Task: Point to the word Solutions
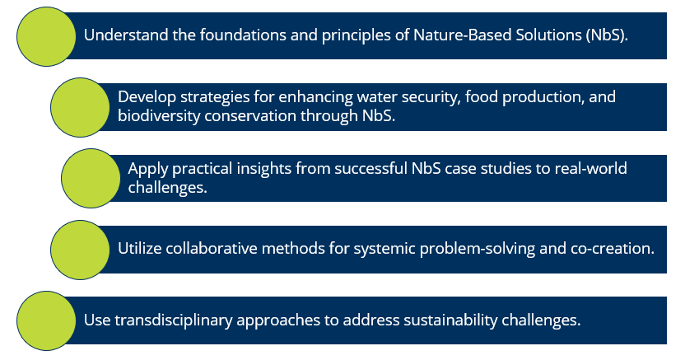tap(548, 35)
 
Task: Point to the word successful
tap(370, 169)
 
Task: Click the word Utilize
tap(139, 249)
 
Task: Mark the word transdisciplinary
tap(174, 320)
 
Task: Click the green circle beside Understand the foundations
tap(46, 37)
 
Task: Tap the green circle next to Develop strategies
tap(80, 107)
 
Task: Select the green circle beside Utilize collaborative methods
tap(80, 250)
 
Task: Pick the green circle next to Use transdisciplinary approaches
tap(46, 320)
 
